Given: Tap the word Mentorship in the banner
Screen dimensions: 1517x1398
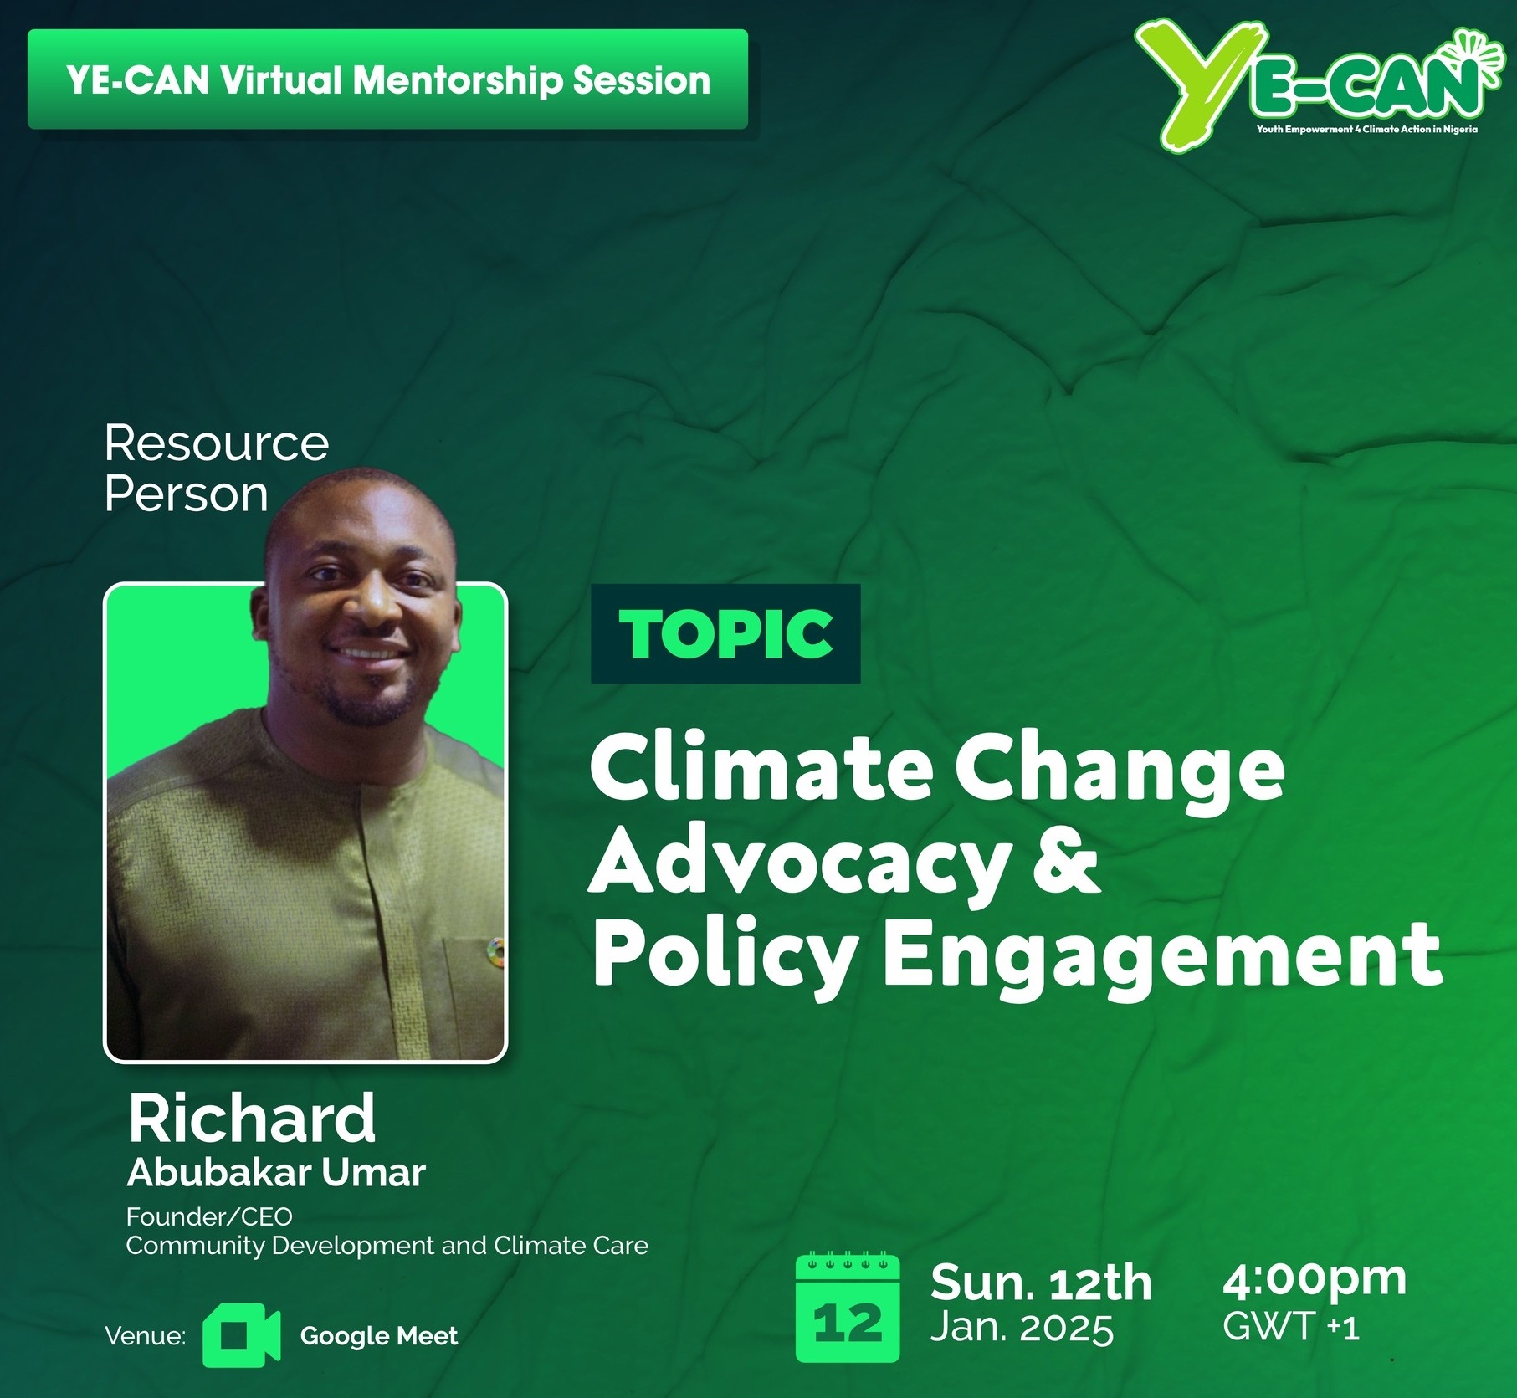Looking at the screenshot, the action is pyautogui.click(x=457, y=80).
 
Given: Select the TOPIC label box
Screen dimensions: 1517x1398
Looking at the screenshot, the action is pyautogui.click(x=725, y=633).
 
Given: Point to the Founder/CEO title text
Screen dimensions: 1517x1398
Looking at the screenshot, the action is pyautogui.click(x=209, y=1216).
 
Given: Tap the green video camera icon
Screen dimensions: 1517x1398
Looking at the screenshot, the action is pyautogui.click(x=241, y=1335).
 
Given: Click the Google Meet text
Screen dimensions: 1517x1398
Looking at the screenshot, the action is pyautogui.click(x=379, y=1336).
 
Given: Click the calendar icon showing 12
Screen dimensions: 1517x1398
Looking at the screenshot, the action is pyautogui.click(x=848, y=1308).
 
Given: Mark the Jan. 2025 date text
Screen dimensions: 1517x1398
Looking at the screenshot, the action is pyautogui.click(x=1022, y=1328).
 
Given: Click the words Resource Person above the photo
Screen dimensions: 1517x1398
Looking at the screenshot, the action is pyautogui.click(x=217, y=469).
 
